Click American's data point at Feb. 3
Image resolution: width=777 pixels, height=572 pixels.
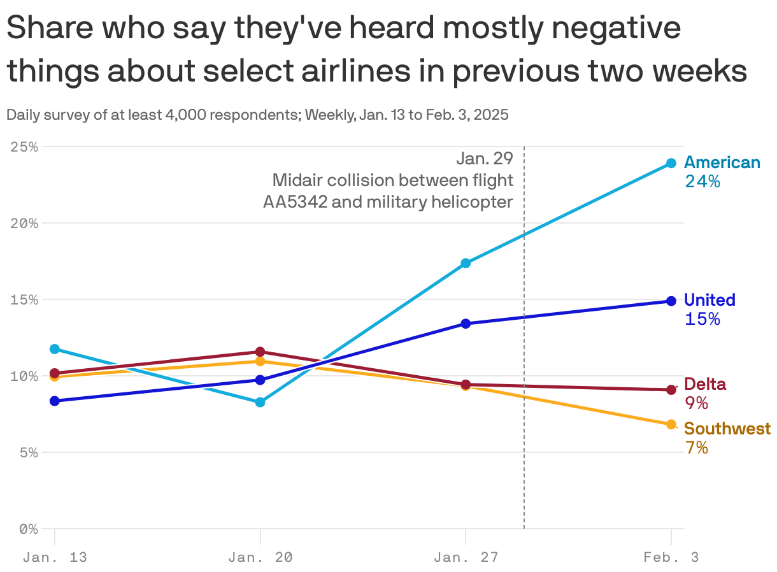671,163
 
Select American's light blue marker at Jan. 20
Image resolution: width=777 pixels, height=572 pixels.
260,403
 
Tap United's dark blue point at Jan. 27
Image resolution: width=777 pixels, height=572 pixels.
466,324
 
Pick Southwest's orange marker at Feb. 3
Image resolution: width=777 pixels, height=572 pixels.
671,424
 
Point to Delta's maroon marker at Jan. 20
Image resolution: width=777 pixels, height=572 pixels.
260,352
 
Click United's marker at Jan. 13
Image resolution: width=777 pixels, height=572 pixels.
55,401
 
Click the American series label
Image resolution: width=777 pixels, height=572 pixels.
722,162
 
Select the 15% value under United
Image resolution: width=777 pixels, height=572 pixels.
702,319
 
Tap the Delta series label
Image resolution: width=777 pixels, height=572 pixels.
704,384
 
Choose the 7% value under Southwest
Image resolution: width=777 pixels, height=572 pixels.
697,448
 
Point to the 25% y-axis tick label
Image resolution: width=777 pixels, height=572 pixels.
24,147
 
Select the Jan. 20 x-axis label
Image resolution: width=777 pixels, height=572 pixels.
260,557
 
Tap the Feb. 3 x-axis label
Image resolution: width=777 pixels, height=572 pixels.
671,557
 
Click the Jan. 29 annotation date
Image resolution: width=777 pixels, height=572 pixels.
484,159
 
